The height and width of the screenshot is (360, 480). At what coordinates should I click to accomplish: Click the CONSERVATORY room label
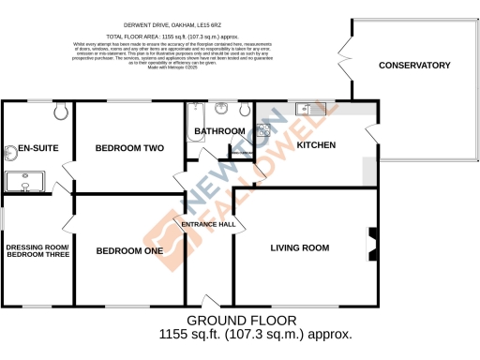(x=413, y=66)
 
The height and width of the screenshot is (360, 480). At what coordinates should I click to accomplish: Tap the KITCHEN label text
(x=316, y=145)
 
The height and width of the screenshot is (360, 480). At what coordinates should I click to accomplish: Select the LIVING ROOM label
(x=299, y=247)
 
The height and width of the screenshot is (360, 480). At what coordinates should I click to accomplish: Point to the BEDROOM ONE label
(x=129, y=250)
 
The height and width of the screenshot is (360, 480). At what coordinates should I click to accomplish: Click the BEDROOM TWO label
(x=129, y=147)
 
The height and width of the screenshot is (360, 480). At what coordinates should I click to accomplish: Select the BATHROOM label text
(x=219, y=131)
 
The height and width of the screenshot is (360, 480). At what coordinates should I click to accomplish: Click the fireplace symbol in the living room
(x=372, y=246)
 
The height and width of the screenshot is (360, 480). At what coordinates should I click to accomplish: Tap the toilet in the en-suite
(x=62, y=112)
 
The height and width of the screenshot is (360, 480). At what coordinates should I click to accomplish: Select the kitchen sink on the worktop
(x=305, y=109)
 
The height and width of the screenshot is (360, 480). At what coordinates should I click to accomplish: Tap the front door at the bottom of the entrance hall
(x=208, y=302)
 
